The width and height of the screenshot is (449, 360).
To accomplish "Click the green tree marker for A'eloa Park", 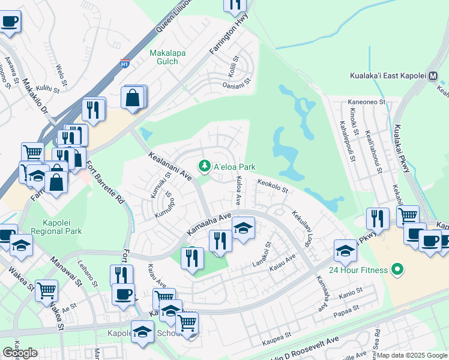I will click(205, 166).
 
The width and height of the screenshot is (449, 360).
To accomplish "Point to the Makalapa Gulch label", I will click(167, 57).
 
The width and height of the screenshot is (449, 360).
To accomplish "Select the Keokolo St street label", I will click(273, 186).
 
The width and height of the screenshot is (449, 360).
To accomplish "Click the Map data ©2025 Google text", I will click(411, 355).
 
